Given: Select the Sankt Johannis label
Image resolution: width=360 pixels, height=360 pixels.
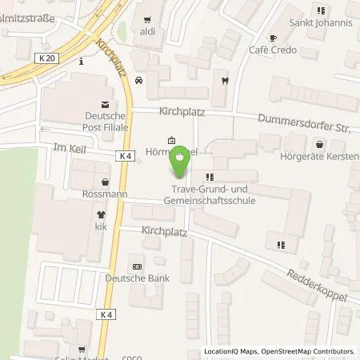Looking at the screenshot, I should click(x=321, y=23).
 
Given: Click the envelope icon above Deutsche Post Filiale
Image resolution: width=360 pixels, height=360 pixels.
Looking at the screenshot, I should click(x=104, y=103).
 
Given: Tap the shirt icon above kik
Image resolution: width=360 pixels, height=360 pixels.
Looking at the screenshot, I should click(x=101, y=214).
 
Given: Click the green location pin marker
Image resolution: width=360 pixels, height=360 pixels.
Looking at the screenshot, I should click(x=180, y=165).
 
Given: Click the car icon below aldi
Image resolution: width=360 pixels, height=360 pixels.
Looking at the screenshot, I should click(x=140, y=80).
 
